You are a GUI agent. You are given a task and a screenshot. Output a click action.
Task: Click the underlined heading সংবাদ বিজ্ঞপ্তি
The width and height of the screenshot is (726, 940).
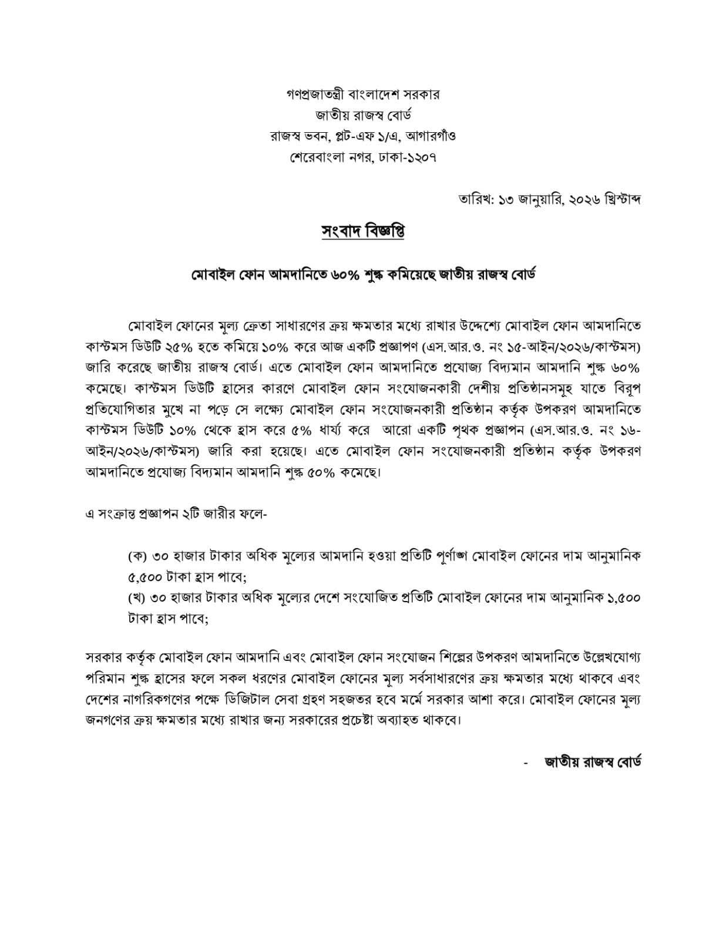[x=363, y=232]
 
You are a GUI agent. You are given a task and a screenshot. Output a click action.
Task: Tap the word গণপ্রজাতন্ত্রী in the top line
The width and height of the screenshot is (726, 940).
[x=306, y=94]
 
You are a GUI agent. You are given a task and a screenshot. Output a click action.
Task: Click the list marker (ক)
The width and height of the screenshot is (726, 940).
[x=137, y=555]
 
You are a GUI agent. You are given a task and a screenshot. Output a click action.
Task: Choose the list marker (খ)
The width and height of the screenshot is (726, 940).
[x=137, y=598]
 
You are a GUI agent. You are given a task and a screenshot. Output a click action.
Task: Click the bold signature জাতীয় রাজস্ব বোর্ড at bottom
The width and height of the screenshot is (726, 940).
[x=593, y=763]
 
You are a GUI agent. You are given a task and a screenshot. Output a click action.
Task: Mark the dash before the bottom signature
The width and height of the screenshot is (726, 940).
[x=526, y=764]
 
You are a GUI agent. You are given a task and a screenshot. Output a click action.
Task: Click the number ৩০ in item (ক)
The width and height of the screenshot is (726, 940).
[x=163, y=555]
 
